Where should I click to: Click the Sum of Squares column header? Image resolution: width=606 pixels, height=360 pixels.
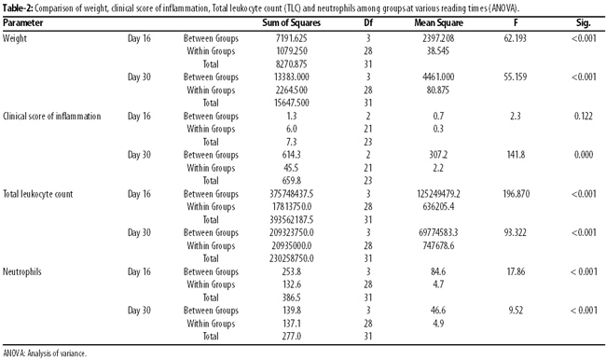(x=291, y=22)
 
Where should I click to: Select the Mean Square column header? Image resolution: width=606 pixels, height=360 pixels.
(x=439, y=22)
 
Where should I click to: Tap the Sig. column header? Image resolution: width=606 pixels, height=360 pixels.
(x=584, y=22)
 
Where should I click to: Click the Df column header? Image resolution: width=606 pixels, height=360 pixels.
(x=368, y=22)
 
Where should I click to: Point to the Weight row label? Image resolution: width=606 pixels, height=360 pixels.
(x=15, y=38)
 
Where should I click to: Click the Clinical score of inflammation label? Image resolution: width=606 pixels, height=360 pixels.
(x=52, y=116)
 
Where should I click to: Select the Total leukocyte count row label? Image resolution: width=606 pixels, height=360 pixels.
(x=38, y=194)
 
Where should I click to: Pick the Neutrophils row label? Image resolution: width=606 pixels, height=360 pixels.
(x=22, y=271)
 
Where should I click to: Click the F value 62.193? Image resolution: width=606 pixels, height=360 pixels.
(x=516, y=38)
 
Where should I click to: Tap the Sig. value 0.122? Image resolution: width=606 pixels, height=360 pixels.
(x=584, y=116)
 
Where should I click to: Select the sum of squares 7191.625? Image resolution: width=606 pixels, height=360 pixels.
(x=292, y=38)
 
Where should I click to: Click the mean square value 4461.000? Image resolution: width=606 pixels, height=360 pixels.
(x=438, y=77)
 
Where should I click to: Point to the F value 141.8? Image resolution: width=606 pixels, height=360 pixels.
(x=516, y=155)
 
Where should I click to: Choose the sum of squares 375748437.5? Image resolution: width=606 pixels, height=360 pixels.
(x=292, y=194)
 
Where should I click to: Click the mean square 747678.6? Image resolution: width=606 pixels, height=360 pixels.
(x=438, y=245)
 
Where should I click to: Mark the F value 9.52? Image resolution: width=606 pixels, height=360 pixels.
(x=516, y=311)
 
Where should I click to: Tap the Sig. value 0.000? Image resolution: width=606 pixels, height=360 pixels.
(x=584, y=155)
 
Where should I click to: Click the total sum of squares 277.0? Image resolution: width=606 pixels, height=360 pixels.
(x=292, y=336)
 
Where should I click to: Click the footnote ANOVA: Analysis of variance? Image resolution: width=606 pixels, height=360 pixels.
(x=45, y=353)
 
